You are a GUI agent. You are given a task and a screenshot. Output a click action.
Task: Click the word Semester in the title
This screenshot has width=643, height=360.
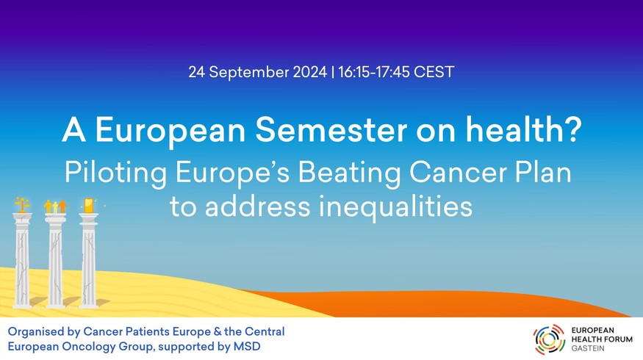[331, 129]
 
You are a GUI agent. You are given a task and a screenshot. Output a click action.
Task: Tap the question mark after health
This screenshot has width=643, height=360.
[574, 129]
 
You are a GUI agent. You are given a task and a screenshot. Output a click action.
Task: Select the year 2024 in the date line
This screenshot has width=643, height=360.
[309, 72]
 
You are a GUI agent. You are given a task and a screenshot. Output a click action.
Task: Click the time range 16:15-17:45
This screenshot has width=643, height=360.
[374, 72]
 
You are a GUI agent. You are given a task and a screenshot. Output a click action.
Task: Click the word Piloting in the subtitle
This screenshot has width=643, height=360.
[115, 173]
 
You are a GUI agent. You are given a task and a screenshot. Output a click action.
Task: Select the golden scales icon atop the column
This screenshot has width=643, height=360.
[22, 204]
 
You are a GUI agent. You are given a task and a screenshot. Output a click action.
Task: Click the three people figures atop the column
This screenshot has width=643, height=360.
[55, 206]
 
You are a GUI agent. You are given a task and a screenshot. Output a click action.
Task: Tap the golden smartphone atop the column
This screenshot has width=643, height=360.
[89, 206]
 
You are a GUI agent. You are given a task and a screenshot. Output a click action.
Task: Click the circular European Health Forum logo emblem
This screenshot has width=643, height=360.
[549, 339]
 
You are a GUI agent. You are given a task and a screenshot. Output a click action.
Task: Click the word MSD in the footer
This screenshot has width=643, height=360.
[247, 347]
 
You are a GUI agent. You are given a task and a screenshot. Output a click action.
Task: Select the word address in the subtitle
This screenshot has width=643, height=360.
[258, 206]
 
